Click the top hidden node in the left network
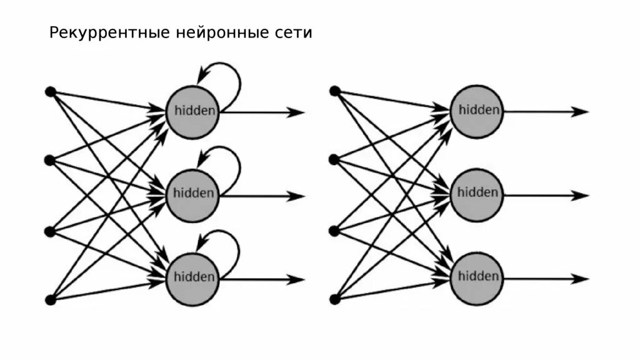tap(193, 111)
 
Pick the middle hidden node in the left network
tap(193, 194)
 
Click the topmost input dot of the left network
tap(50, 92)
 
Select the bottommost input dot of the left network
tap(50, 299)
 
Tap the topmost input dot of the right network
tap(335, 91)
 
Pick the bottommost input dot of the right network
tap(335, 299)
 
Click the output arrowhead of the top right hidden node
tap(581, 112)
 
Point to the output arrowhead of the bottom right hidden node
tap(581, 279)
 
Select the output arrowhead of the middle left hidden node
tap(297, 196)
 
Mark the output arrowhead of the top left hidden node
tap(297, 112)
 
